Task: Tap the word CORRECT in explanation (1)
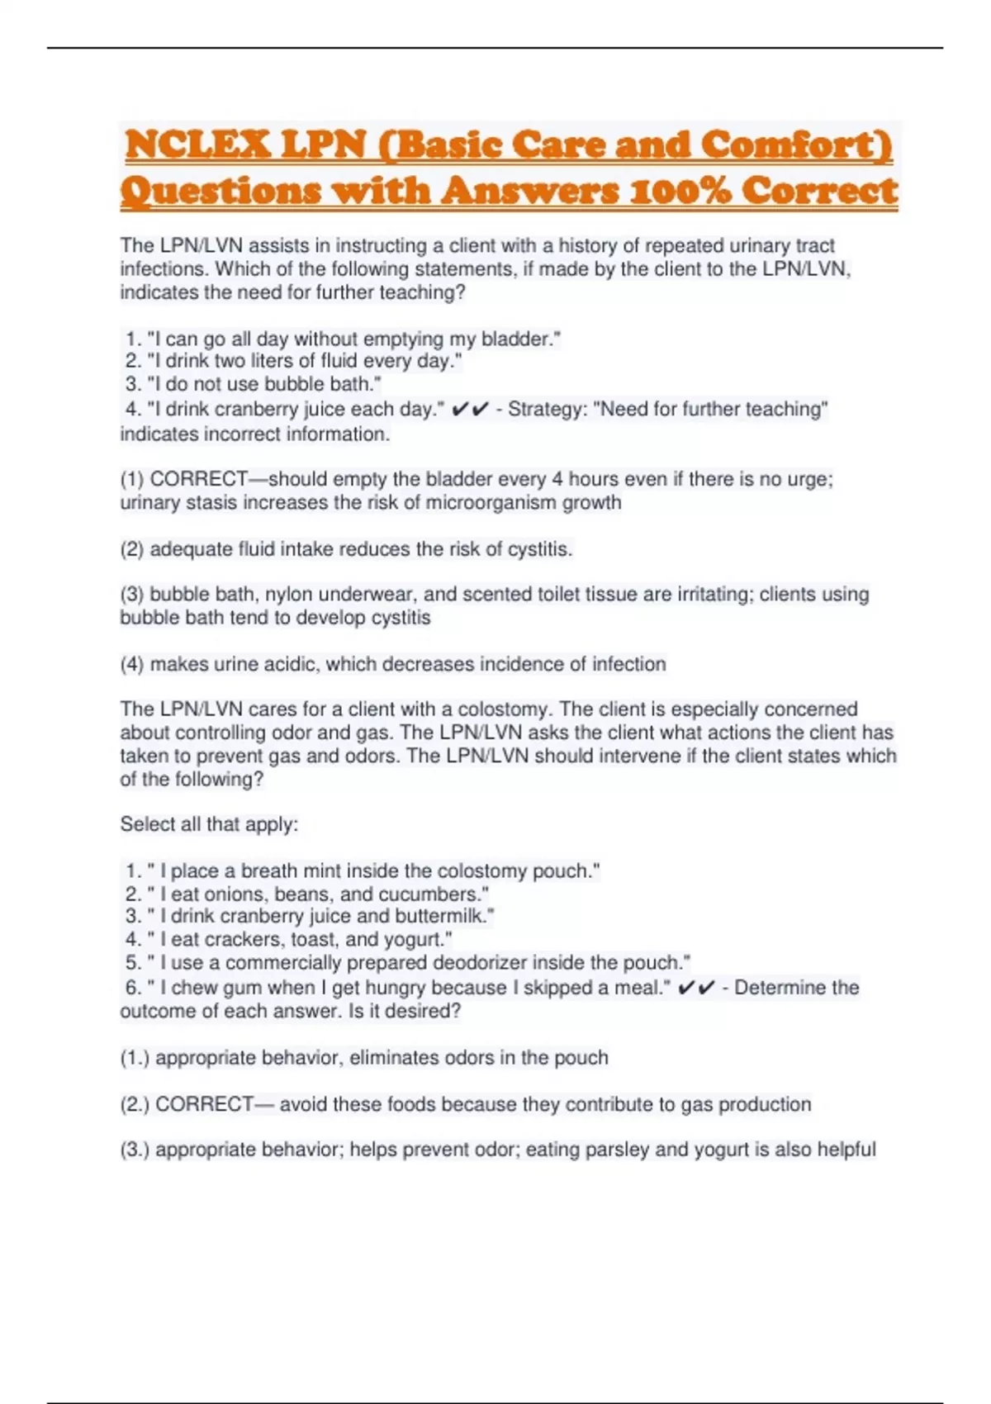[x=198, y=479]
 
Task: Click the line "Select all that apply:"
[x=209, y=824]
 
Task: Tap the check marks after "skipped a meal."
[x=696, y=988]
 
